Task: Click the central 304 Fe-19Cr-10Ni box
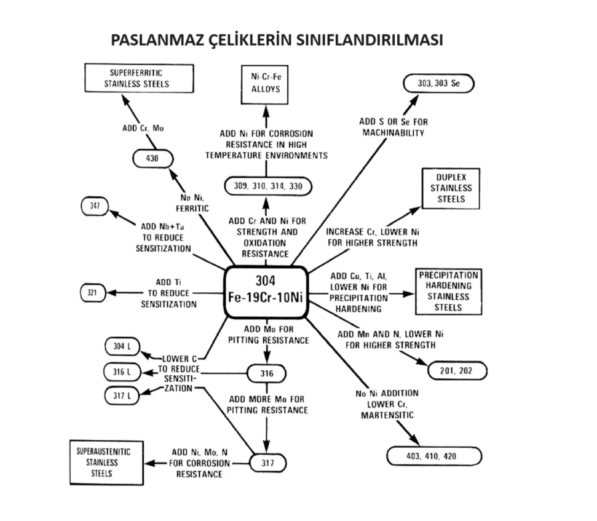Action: pyautogui.click(x=266, y=292)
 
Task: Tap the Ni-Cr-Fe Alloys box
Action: pyautogui.click(x=266, y=84)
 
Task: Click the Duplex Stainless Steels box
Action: pyautogui.click(x=452, y=188)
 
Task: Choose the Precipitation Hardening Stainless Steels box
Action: pyautogui.click(x=448, y=290)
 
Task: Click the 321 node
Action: pyautogui.click(x=93, y=292)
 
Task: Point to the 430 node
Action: pyautogui.click(x=152, y=158)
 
